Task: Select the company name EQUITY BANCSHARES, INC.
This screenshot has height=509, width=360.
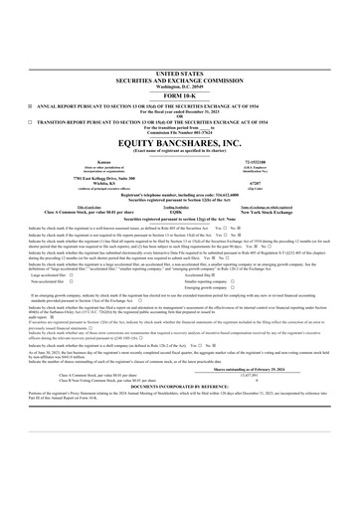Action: pyautogui.click(x=179, y=144)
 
